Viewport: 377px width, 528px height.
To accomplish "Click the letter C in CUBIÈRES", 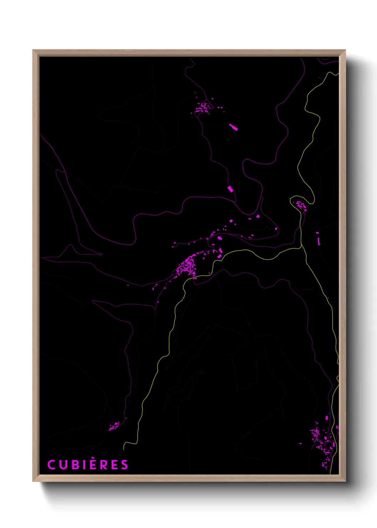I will pyautogui.click(x=52, y=465).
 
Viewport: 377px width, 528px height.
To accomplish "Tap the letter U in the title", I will pyautogui.click(x=63, y=465).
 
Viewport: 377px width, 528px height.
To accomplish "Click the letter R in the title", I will pyautogui.click(x=105, y=465).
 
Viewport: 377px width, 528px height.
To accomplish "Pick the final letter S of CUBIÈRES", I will pyautogui.click(x=124, y=465).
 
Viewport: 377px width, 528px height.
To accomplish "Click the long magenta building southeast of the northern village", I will pyautogui.click(x=233, y=127).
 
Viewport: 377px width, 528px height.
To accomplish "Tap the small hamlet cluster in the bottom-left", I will pyautogui.click(x=114, y=426).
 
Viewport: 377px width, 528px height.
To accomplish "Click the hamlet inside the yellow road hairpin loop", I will pyautogui.click(x=300, y=206).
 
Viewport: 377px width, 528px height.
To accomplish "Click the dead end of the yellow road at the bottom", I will pyautogui.click(x=124, y=449).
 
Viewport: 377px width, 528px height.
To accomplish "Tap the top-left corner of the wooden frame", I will pyautogui.click(x=33, y=50).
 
